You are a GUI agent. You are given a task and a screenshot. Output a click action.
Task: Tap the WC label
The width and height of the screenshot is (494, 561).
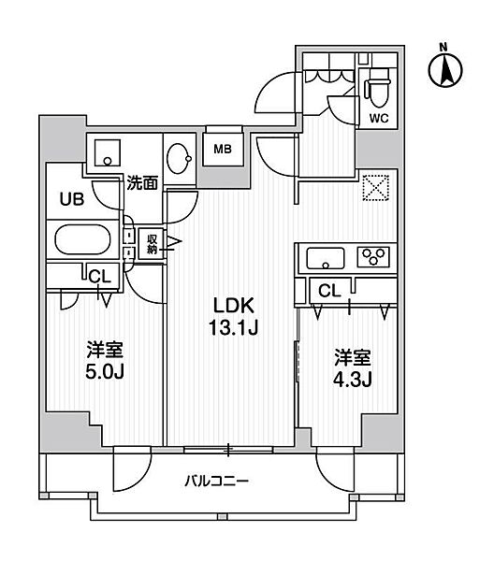tap(379, 119)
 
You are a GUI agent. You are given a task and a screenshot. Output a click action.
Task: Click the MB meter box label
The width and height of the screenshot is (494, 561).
tap(223, 149)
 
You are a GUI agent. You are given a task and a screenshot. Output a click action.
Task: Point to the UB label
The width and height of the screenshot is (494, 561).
tap(72, 199)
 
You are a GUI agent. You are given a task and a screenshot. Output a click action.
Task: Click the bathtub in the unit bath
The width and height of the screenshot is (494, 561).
tap(82, 239)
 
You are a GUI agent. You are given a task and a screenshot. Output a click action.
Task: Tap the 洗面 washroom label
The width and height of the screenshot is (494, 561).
tap(142, 183)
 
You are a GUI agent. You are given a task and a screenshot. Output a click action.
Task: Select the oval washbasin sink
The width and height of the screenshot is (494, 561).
tap(180, 159)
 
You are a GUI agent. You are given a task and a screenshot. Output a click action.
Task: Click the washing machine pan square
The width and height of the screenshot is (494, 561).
tap(107, 152)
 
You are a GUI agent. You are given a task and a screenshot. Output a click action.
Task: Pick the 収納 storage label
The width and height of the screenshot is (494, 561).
tap(152, 243)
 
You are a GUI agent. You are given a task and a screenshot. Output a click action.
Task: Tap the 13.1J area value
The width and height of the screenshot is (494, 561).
tap(233, 327)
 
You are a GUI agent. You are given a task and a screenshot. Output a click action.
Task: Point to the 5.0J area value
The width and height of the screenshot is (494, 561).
tap(105, 372)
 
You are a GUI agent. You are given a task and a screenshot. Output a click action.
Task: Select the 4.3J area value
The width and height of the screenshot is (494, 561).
tap(353, 380)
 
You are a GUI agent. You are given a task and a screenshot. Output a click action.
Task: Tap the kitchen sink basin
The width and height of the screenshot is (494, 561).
tap(326, 258)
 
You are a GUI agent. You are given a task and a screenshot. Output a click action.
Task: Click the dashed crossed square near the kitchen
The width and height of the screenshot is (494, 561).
tap(375, 188)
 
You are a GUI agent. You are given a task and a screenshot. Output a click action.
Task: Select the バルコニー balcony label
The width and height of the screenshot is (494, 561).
tap(216, 481)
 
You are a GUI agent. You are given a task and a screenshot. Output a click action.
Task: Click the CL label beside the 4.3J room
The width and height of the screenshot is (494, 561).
tap(329, 291)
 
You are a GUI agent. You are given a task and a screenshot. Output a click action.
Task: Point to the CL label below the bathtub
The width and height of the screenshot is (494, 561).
tap(100, 276)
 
